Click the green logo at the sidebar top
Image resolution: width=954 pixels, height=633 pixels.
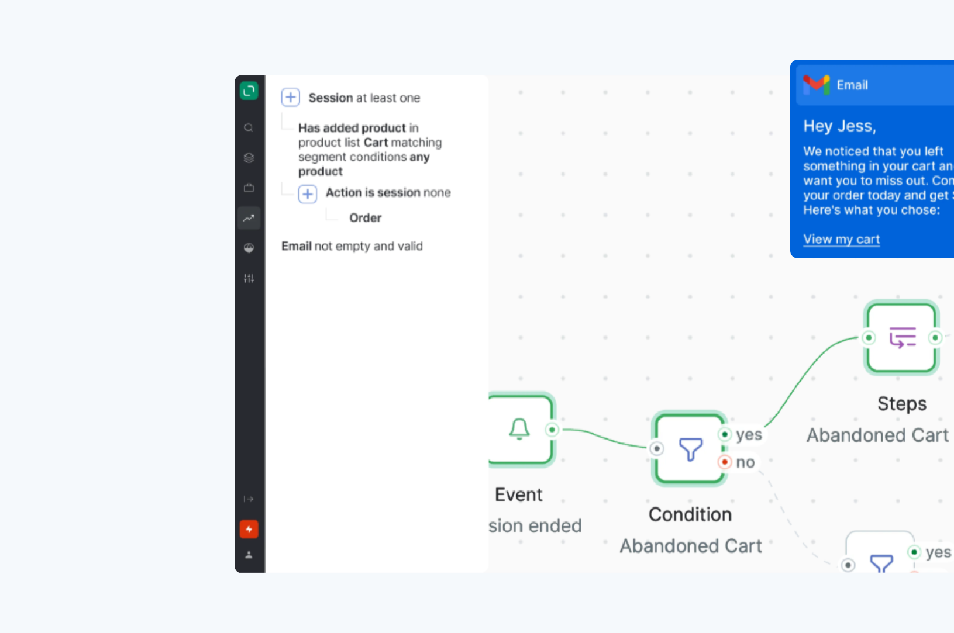pos(249,91)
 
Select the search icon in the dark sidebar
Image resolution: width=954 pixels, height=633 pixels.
pos(249,127)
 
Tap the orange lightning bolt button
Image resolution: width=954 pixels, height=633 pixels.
pos(249,529)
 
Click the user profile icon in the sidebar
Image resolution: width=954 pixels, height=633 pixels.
pos(249,555)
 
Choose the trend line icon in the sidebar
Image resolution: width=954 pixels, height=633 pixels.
pos(249,218)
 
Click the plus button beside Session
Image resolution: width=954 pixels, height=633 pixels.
pos(291,97)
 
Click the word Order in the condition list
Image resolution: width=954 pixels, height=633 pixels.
pos(365,218)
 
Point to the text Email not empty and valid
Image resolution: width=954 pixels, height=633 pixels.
pos(352,246)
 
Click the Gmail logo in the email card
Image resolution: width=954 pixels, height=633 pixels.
pos(817,85)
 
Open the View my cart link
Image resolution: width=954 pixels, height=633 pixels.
pos(841,239)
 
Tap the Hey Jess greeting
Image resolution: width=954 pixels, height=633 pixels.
pos(839,126)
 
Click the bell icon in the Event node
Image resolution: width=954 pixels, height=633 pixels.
pos(519,429)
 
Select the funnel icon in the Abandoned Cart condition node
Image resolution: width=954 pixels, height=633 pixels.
pos(690,449)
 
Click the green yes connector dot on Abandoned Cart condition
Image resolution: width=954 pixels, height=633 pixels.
pos(725,434)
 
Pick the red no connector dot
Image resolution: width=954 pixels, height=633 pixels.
pos(725,462)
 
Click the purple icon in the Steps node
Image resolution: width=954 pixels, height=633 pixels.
pos(903,337)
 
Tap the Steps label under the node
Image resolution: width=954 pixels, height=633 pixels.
pos(902,404)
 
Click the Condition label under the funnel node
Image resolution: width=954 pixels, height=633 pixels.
pos(690,514)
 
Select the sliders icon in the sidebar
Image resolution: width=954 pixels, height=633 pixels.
pos(249,278)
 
